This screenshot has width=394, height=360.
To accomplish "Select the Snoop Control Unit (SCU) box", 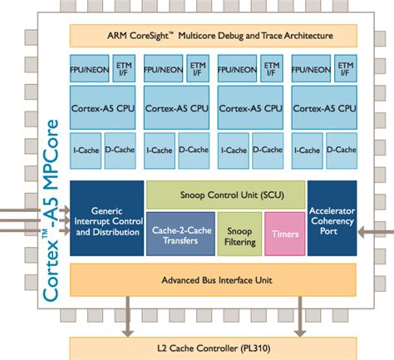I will click(x=225, y=195).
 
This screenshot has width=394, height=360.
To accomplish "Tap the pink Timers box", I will click(x=283, y=234).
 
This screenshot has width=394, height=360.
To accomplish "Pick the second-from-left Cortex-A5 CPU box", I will click(x=177, y=108).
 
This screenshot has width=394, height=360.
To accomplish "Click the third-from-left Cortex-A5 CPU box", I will click(x=250, y=108).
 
